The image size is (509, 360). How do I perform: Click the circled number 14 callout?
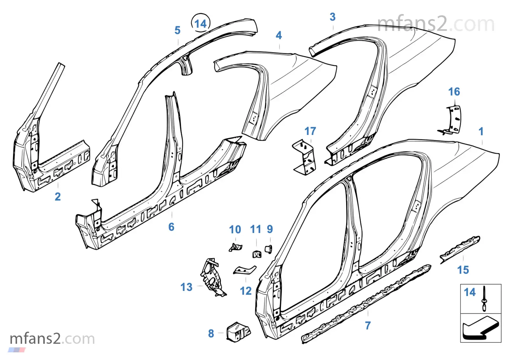(200, 24)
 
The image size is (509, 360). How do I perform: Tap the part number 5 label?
(177, 31)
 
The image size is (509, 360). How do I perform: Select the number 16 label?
(454, 92)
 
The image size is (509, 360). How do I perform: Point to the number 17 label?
(310, 131)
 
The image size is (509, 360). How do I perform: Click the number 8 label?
(211, 333)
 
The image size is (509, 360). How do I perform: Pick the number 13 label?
(186, 287)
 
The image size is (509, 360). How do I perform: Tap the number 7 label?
(368, 326)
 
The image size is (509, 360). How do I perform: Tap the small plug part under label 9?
(268, 249)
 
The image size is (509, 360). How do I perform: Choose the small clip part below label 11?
(257, 254)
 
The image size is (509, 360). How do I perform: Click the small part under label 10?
(235, 247)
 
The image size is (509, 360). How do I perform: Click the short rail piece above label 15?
(460, 250)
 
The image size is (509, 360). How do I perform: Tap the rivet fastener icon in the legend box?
(484, 299)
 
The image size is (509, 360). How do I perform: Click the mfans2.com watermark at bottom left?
(52, 339)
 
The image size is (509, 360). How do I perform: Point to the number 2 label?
(58, 197)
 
